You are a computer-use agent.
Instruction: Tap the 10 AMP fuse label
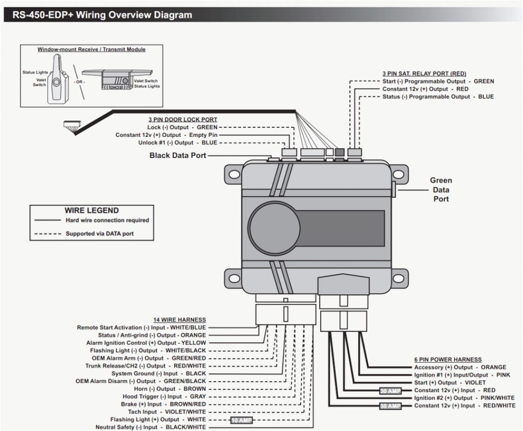[242, 420]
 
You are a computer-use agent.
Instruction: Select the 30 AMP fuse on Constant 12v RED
[390, 391]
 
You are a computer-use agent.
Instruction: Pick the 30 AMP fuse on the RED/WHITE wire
[390, 406]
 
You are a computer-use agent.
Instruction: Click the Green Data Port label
[441, 189]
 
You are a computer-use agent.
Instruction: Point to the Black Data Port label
[178, 155]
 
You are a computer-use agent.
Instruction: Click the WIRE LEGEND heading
[91, 210]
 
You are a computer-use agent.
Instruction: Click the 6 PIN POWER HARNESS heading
[448, 360]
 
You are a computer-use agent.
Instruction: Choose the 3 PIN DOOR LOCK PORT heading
[183, 119]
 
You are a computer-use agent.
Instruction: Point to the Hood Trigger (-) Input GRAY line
[164, 396]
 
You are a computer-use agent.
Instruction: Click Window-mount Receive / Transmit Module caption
[91, 50]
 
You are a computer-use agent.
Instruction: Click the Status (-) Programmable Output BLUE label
[438, 97]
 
